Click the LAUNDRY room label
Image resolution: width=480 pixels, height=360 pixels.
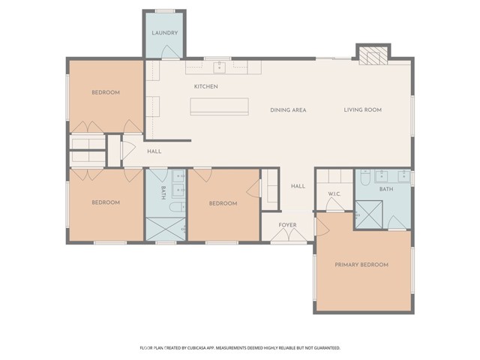164,34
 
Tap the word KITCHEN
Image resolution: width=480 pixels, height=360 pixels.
205,87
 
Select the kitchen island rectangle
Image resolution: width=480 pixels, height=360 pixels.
219,106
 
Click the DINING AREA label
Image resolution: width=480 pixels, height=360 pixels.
288,110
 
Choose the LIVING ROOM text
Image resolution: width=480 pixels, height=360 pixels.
363,110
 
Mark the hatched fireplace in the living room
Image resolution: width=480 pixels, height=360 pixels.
372,55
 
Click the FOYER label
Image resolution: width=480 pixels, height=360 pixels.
287,224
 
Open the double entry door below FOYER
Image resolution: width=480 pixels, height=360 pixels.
288,237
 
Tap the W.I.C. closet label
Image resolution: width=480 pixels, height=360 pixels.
334,194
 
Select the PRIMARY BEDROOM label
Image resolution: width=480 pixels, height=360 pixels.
361,265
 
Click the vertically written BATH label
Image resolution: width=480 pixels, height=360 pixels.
163,193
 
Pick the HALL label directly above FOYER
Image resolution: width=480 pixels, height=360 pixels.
298,186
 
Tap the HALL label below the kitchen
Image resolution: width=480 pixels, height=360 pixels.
154,151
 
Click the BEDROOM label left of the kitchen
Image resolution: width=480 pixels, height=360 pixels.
106,92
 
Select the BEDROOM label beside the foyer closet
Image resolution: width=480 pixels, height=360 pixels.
223,203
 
